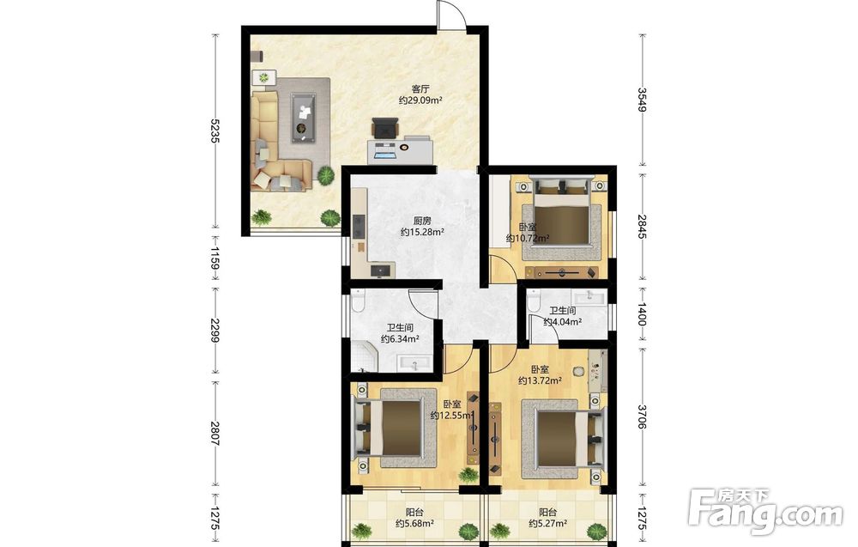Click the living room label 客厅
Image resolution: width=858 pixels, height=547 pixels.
point(420,88)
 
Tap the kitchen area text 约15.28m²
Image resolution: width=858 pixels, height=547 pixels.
point(422,232)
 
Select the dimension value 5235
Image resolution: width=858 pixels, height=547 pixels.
point(215,131)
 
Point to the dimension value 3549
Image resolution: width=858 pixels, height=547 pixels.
point(642,99)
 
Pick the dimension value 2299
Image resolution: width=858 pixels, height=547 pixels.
point(215,331)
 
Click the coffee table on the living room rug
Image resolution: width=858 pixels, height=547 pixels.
point(303,117)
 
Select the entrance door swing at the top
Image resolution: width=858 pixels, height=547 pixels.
point(451,13)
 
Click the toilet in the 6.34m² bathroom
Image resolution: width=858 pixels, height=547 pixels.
point(359,300)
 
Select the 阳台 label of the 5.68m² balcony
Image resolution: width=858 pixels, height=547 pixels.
point(414,513)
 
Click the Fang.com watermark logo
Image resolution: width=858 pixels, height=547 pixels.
point(765,512)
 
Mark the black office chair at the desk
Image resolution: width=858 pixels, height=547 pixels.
point(385,128)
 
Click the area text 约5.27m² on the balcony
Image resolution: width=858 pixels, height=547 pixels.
point(547,524)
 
